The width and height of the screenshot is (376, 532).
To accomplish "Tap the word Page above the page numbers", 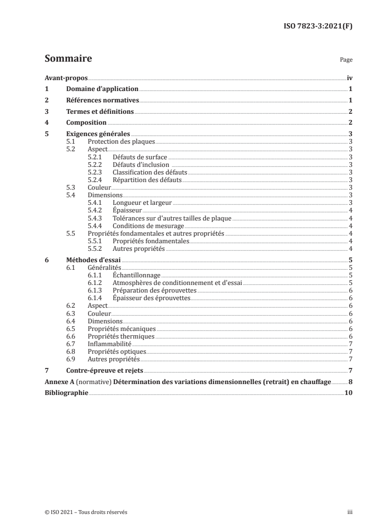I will [346, 60].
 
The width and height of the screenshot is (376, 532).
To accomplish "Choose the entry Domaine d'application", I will [102, 89].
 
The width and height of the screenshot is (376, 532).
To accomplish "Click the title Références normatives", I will [102, 101].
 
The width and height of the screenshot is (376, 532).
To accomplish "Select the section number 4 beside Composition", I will [46, 123].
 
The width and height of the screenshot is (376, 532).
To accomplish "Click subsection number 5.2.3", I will [96, 172].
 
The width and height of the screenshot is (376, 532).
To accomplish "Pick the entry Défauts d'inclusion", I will [141, 165].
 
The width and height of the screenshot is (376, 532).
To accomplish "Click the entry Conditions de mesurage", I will [148, 225].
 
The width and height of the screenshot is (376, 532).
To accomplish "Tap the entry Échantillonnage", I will [137, 275].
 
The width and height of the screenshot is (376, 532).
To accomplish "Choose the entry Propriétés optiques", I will [117, 351].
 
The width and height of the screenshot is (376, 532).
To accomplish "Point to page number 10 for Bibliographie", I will [348, 393].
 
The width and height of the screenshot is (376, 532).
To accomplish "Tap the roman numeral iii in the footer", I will [350, 513].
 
